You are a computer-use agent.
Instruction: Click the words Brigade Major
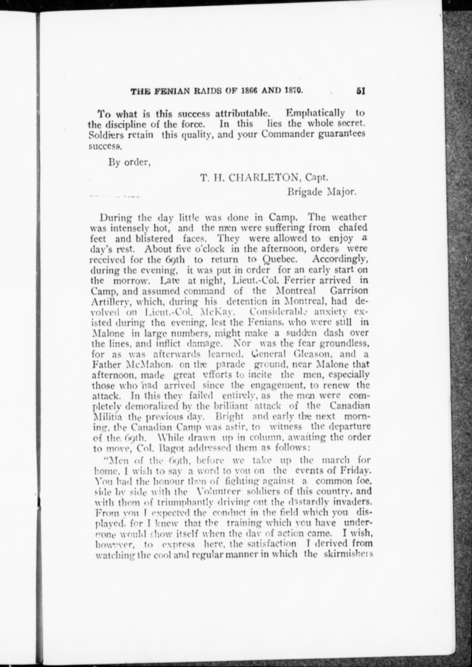click(x=322, y=192)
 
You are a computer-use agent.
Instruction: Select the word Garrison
click(x=348, y=291)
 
